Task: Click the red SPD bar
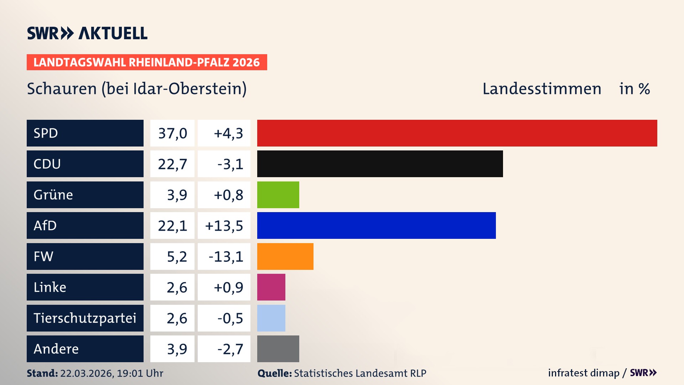457,133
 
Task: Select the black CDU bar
380,164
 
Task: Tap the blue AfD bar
376,225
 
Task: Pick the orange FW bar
285,256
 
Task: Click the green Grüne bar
278,195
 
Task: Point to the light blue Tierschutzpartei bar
271,318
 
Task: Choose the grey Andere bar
278,349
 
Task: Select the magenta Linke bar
271,287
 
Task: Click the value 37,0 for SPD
172,133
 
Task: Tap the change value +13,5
224,226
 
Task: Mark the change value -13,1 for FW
226,257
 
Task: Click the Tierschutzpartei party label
85,318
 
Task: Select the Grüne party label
53,195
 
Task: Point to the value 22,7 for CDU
172,164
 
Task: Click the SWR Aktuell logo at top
87,33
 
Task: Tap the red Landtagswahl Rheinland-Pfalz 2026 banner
147,62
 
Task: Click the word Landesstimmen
541,89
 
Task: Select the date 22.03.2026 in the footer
87,373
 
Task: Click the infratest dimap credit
584,373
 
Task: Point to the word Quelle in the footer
274,373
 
